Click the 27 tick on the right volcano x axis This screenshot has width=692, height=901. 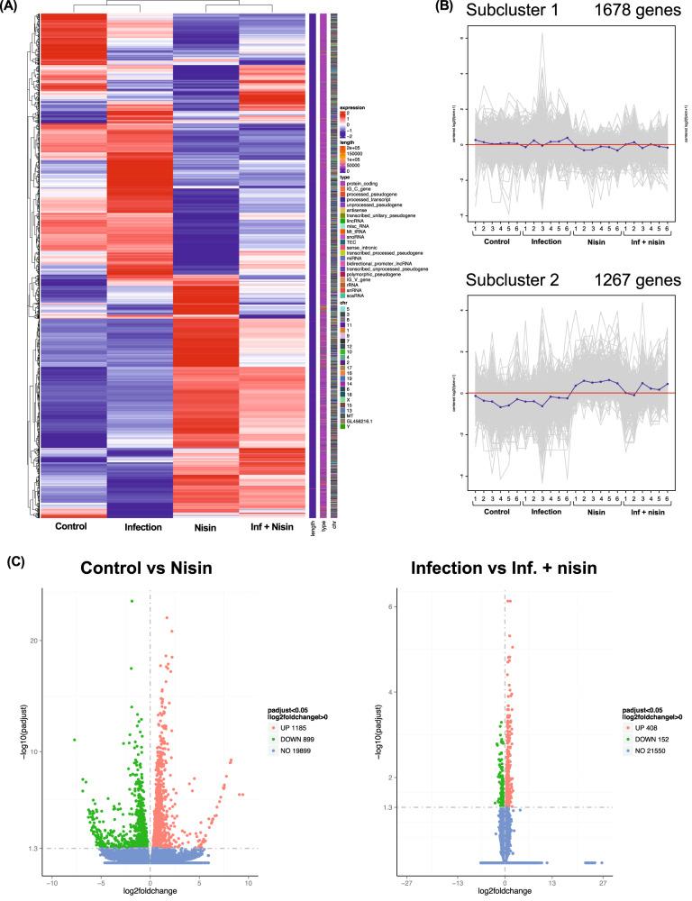pyautogui.click(x=601, y=880)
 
